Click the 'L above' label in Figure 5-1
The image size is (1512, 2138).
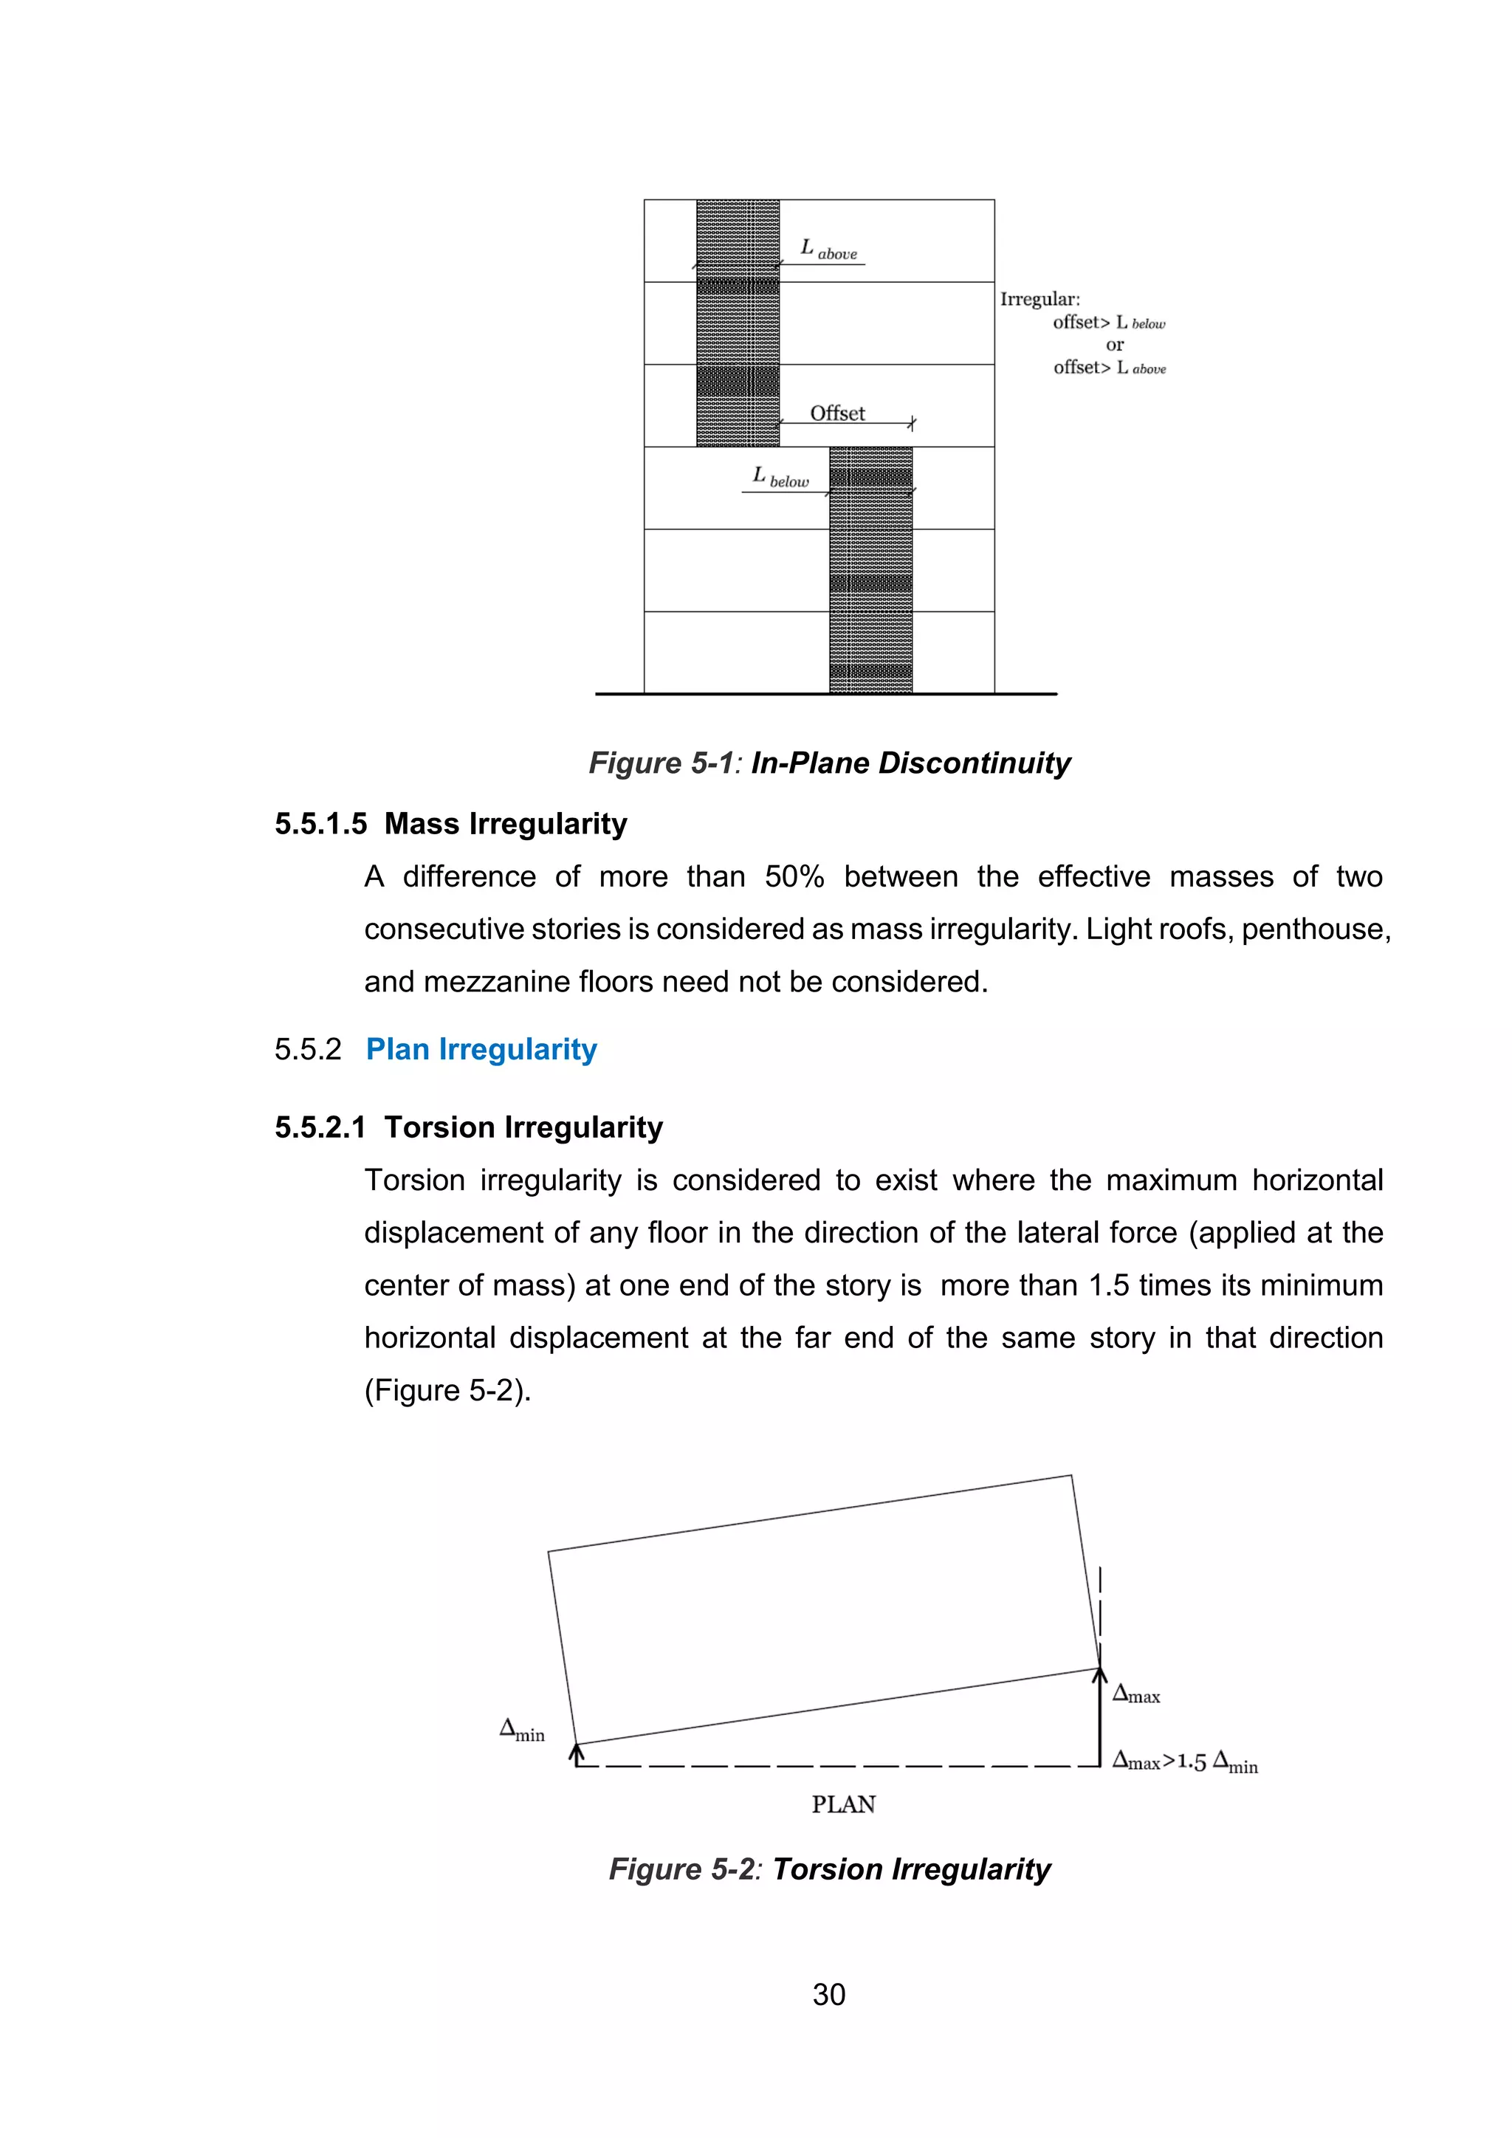click(x=828, y=250)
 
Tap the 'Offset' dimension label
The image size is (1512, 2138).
click(x=837, y=413)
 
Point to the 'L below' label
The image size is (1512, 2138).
click(x=780, y=478)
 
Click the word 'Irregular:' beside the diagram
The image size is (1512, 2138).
click(x=1040, y=300)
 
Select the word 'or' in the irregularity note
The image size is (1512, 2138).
click(x=1115, y=346)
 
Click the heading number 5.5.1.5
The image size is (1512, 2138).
click(x=320, y=824)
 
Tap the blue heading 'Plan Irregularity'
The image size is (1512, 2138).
click(x=481, y=1050)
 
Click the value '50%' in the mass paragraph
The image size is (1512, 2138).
click(x=794, y=877)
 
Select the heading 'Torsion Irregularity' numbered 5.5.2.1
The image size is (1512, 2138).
click(x=523, y=1127)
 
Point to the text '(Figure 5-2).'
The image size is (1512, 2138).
click(x=447, y=1391)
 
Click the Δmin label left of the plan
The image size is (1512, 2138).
click(x=522, y=1730)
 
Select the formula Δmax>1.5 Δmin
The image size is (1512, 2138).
click(x=1185, y=1761)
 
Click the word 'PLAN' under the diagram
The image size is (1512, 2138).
click(x=844, y=1804)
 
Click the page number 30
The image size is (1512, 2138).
click(x=828, y=1995)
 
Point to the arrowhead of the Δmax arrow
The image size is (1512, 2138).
click(x=1099, y=1675)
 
